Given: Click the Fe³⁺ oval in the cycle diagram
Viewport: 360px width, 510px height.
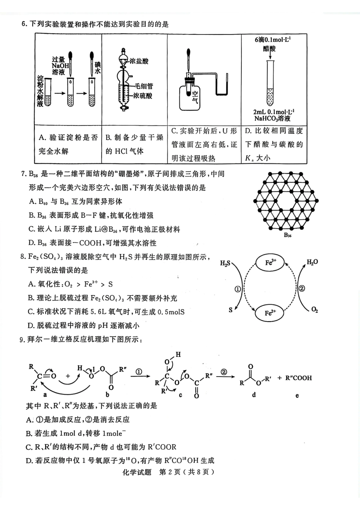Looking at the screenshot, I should point(270,262).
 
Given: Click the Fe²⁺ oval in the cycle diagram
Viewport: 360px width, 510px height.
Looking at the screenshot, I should point(270,313).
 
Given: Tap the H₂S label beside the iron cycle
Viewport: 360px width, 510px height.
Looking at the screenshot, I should point(225,263).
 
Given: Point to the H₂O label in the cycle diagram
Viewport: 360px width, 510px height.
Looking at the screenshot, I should point(312,262).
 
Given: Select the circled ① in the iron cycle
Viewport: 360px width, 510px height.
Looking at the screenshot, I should point(238,289).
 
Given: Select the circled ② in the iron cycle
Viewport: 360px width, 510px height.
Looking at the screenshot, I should point(302,289).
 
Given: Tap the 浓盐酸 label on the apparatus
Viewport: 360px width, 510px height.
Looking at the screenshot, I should point(139,61).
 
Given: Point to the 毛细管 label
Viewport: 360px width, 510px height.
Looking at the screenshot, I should point(144,86).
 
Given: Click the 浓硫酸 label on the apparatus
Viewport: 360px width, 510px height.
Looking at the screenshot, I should point(142,96).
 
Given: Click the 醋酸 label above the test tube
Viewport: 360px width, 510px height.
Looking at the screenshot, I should point(269,49).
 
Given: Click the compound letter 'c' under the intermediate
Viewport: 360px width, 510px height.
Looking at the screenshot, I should point(180,395).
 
